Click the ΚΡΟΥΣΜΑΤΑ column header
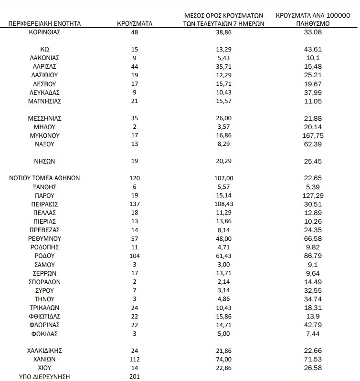coord(135,23)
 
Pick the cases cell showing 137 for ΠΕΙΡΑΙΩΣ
coord(134,204)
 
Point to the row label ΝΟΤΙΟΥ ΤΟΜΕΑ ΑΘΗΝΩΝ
coord(45,178)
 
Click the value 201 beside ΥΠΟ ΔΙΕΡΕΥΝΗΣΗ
coord(134,377)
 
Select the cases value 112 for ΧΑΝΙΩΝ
coord(134,359)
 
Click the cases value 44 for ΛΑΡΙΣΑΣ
coord(134,66)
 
